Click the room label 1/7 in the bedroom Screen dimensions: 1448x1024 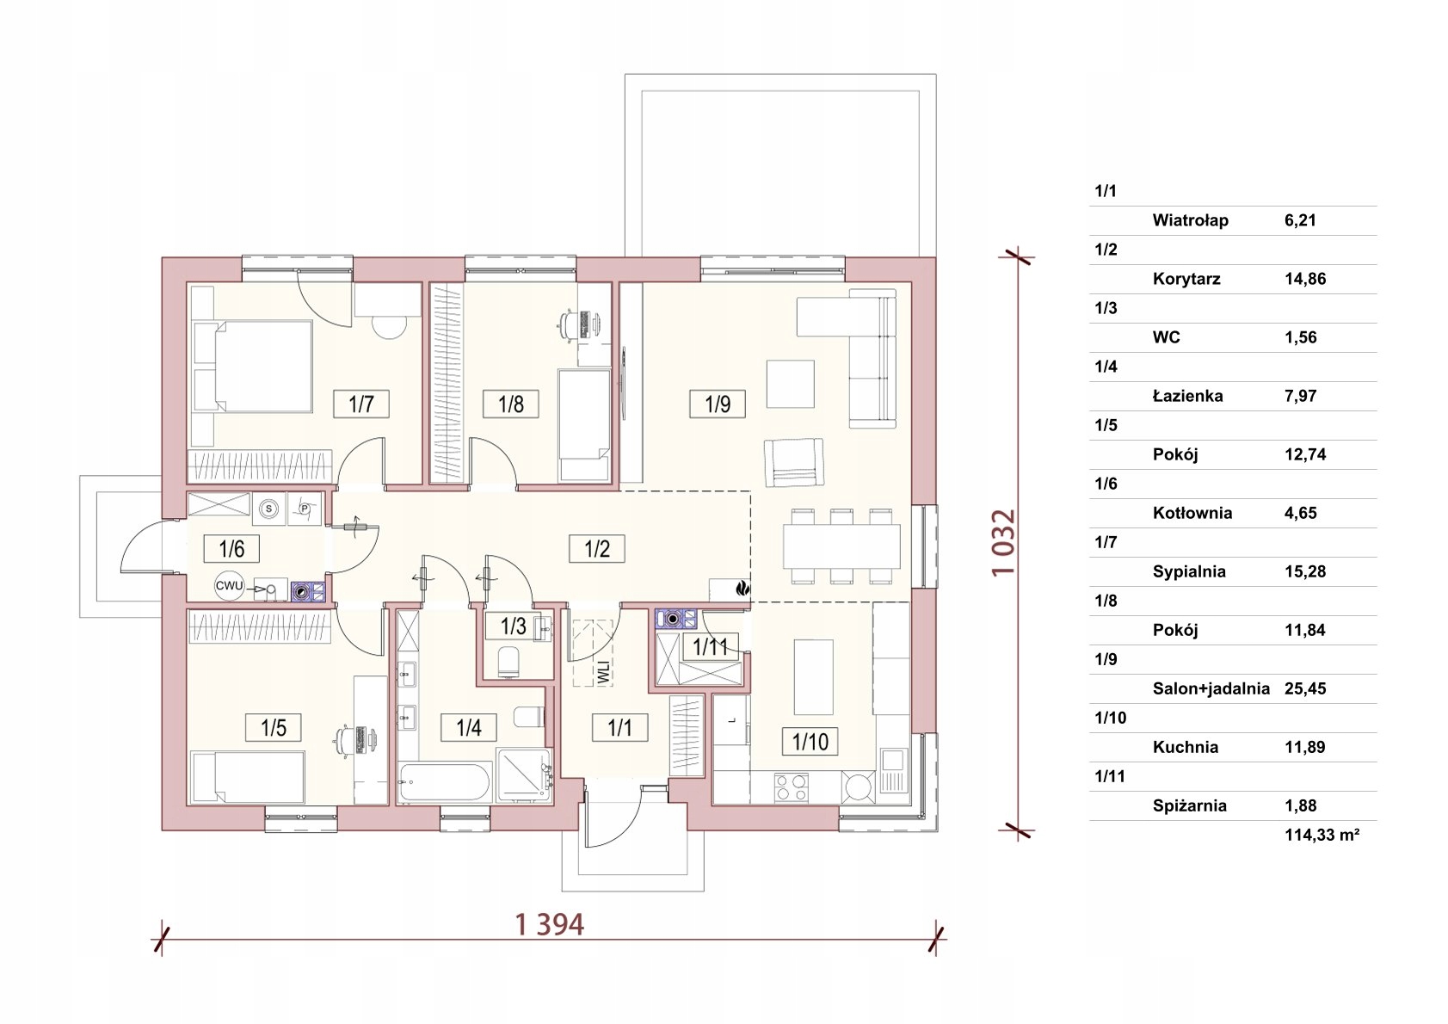click(x=361, y=404)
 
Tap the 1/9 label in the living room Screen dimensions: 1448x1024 click(x=718, y=404)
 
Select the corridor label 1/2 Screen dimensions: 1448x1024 click(x=596, y=549)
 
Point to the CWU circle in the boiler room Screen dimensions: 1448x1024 click(x=230, y=586)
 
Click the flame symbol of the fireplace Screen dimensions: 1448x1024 click(x=742, y=589)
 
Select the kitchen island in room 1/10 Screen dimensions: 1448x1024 click(x=813, y=677)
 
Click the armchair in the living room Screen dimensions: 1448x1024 click(x=794, y=462)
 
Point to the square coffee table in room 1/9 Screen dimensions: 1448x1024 click(x=790, y=384)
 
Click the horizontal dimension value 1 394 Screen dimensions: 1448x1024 click(x=549, y=925)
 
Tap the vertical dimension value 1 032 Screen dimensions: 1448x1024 click(x=1004, y=543)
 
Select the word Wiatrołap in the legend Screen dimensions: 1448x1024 click(x=1190, y=220)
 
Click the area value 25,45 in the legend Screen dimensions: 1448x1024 click(x=1305, y=688)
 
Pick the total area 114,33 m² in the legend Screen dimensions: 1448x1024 click(x=1322, y=835)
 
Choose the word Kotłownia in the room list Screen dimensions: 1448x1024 click(x=1192, y=514)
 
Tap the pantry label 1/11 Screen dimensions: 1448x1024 click(x=710, y=646)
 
